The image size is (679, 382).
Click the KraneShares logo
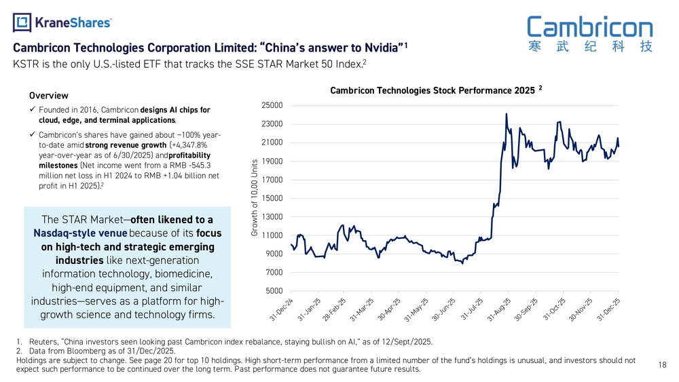click(62, 22)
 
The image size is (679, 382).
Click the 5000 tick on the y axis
click(274, 291)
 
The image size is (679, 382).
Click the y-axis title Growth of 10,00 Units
click(253, 197)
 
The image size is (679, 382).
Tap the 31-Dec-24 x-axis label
click(281, 309)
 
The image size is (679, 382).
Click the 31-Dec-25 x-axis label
click(609, 309)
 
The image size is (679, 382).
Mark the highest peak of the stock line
click(507, 114)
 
